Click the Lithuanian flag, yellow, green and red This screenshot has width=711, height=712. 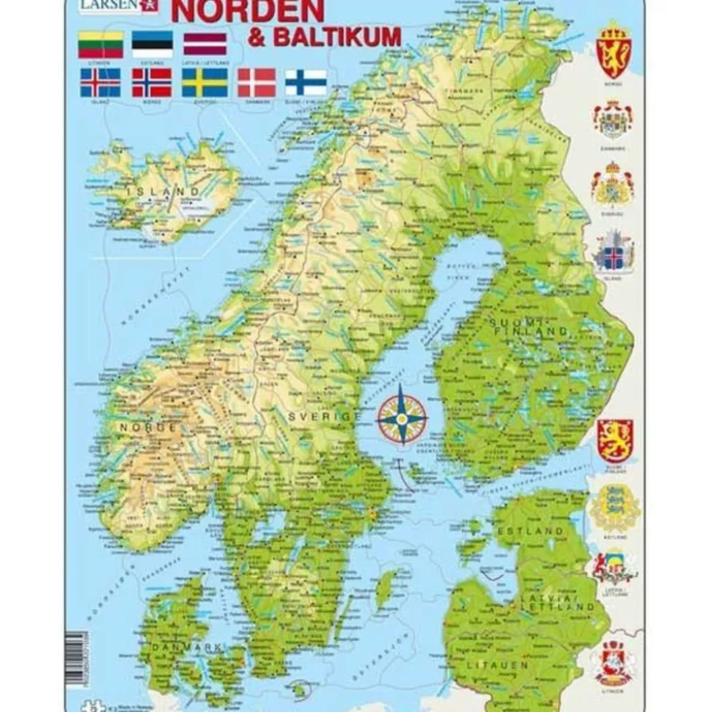coord(100,44)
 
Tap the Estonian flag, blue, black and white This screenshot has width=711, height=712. coord(152,44)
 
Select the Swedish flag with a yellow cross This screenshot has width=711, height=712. coord(204,83)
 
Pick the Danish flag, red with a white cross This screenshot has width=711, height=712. coord(257,83)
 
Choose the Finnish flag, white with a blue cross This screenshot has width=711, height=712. coord(306,83)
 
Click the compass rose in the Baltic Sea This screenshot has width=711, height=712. coord(402,419)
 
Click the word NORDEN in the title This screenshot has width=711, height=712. coord(249,10)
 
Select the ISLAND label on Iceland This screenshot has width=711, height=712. coord(163,192)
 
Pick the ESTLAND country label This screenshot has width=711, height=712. coord(529,529)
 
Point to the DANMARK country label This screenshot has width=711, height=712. coord(186,648)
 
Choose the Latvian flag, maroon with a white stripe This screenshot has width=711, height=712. coord(205,44)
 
